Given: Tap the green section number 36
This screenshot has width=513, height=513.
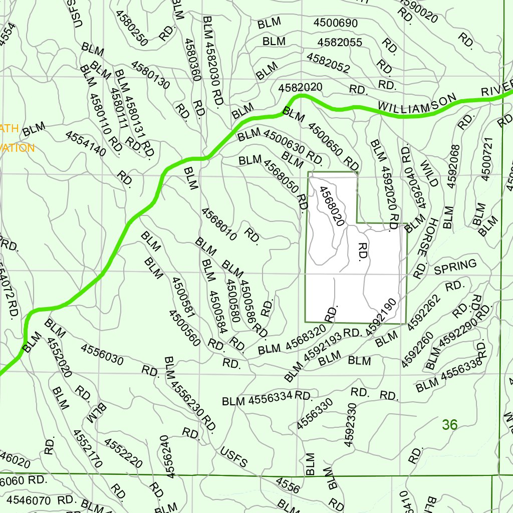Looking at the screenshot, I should coord(449,425).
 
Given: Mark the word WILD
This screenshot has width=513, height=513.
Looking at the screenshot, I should coord(429,173).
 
